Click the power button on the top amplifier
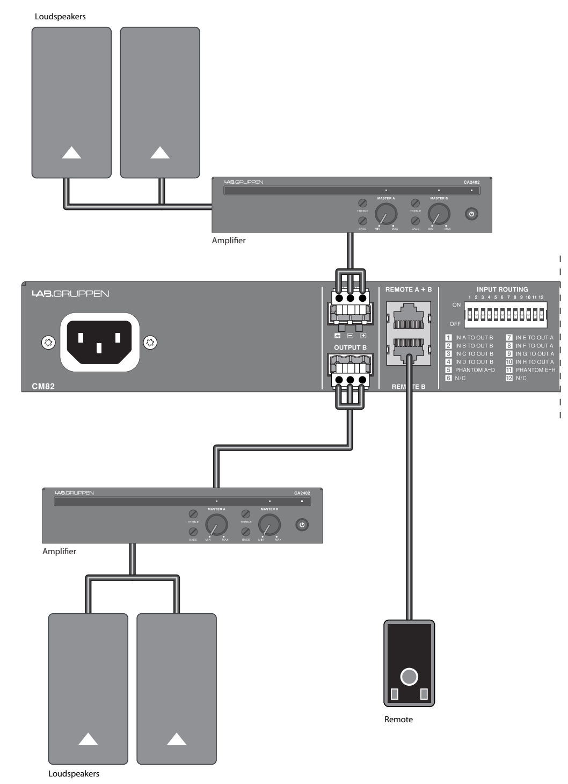tap(471, 214)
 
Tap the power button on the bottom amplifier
tap(302, 525)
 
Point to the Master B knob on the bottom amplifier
tap(269, 525)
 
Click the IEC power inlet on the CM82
tap(99, 342)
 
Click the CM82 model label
tap(43, 386)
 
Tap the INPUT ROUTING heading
tap(502, 289)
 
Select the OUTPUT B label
tap(350, 347)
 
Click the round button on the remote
tap(409, 677)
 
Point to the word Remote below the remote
tap(398, 720)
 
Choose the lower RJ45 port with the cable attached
tap(409, 349)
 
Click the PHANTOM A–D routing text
tap(475, 370)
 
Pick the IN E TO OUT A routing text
tap(534, 338)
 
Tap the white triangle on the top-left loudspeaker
tap(71, 153)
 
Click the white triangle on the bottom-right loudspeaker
tap(177, 739)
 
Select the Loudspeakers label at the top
tap(60, 17)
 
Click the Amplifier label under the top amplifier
tap(229, 241)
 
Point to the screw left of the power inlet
tap(48, 342)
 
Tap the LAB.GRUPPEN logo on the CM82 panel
tap(70, 294)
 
